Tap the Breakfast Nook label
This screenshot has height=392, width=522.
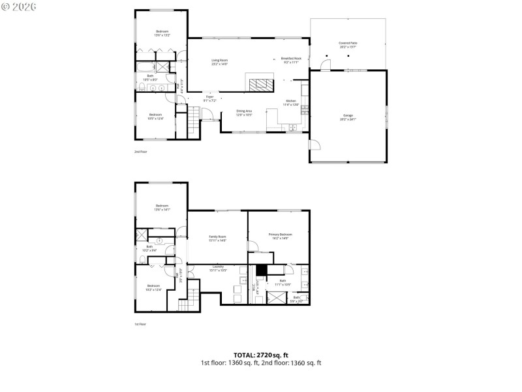click(290, 60)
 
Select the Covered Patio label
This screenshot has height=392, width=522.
click(348, 45)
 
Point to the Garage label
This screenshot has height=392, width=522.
click(348, 118)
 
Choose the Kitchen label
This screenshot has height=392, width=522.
click(290, 103)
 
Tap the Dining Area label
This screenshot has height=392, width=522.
click(244, 113)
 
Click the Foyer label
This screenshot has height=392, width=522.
click(209, 99)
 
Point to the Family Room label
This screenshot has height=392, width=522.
click(217, 238)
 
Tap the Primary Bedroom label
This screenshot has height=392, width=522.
click(281, 236)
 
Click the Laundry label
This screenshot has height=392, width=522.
click(217, 268)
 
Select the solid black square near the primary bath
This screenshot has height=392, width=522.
click(262, 270)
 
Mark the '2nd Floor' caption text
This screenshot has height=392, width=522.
click(141, 151)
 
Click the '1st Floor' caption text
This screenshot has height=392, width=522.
click(141, 324)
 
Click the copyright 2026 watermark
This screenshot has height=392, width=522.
click(19, 6)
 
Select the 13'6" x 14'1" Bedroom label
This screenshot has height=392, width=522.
click(162, 208)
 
